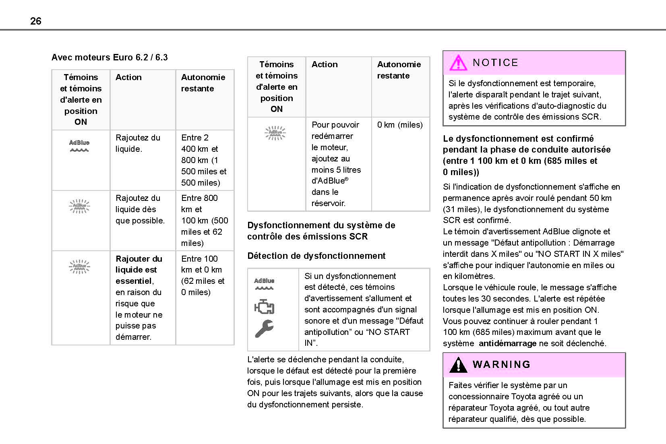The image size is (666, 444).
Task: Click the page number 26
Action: (x=36, y=21)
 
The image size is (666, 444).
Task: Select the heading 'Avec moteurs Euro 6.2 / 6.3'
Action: (x=110, y=57)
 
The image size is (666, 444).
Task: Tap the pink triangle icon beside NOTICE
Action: (x=458, y=63)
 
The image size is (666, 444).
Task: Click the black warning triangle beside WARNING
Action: (x=458, y=365)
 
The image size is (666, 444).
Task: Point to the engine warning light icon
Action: (x=264, y=307)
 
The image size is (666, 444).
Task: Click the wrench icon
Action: (x=264, y=328)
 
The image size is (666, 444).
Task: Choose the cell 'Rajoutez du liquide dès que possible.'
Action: (x=140, y=209)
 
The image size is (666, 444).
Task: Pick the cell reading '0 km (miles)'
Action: (x=400, y=125)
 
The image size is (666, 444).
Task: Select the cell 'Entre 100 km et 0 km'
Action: (x=203, y=275)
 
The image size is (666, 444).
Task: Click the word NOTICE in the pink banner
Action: (x=495, y=63)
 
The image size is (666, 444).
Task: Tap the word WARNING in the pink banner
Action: (x=501, y=365)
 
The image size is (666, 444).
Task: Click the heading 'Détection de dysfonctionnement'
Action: (x=316, y=256)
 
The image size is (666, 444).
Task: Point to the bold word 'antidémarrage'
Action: (x=507, y=343)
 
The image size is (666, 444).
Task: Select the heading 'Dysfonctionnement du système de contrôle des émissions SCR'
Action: (x=321, y=231)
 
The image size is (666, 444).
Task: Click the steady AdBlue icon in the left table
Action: (x=79, y=146)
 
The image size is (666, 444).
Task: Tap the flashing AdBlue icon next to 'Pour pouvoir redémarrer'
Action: (x=275, y=133)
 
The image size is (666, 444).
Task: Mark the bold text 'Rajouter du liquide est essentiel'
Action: (x=139, y=270)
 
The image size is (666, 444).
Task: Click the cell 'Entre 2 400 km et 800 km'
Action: (x=204, y=160)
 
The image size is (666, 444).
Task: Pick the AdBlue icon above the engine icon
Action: (x=264, y=283)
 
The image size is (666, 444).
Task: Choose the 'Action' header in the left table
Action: (x=128, y=77)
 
